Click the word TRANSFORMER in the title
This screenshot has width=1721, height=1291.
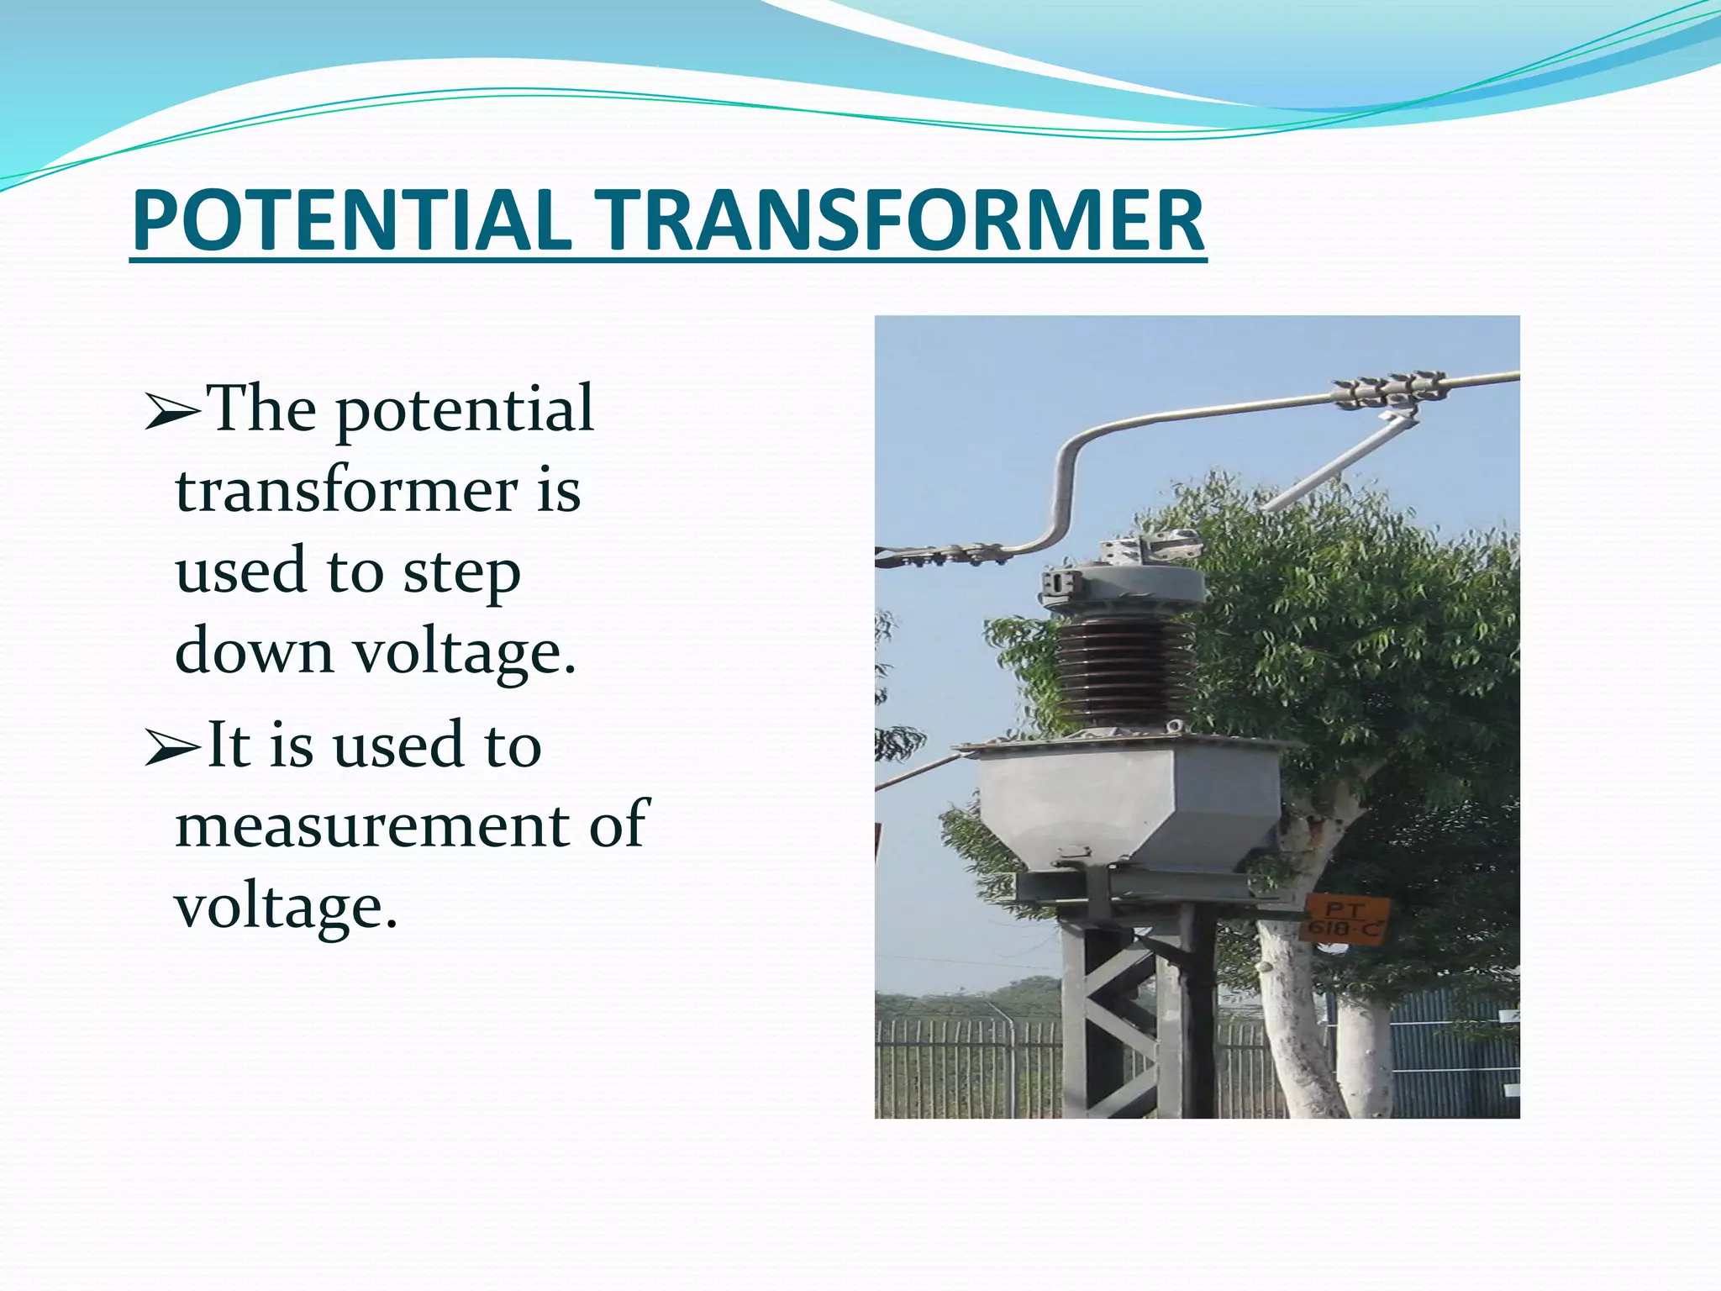[897, 220]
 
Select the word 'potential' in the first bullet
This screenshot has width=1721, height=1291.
[465, 410]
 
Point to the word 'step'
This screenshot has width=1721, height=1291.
[461, 574]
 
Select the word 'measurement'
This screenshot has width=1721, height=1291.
[372, 825]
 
